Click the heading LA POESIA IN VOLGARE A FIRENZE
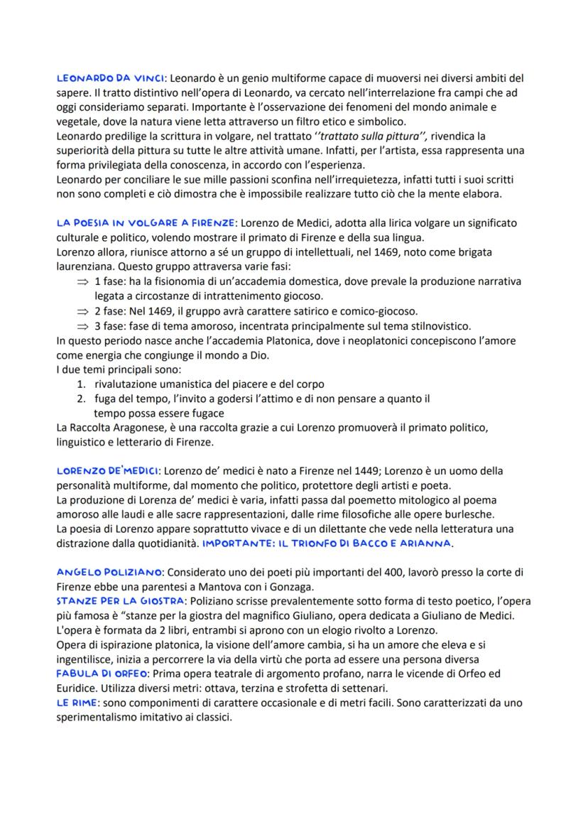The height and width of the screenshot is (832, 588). point(146,224)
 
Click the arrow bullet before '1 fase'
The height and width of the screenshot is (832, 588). point(84,282)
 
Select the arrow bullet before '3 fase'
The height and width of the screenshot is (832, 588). point(84,326)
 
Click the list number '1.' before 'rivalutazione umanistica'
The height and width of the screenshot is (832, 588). point(82,384)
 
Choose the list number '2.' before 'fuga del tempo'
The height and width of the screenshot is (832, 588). point(82,399)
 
